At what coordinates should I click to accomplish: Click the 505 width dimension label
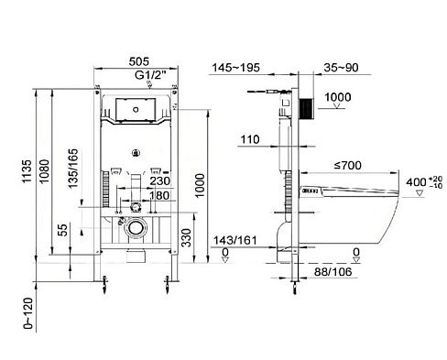pos(139,61)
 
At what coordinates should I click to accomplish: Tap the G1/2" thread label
pos(150,75)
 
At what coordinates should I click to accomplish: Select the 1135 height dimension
pos(27,171)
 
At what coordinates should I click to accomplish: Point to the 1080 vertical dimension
pos(44,171)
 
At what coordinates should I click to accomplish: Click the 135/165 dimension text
pos(73,169)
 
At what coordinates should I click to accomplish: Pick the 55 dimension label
pos(62,230)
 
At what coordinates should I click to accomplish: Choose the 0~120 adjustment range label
pos(27,313)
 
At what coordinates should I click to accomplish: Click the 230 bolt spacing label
pos(159,181)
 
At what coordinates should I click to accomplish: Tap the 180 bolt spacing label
pos(159,195)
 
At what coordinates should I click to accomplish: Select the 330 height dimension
pos(186,238)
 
